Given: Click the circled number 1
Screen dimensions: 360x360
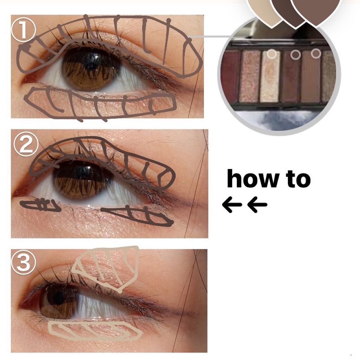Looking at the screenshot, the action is coord(24,30).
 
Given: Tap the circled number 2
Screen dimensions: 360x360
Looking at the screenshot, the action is coord(26,144).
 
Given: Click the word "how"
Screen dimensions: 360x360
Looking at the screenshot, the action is coord(252,179).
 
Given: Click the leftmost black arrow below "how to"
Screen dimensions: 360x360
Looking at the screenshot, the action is coord(232,204).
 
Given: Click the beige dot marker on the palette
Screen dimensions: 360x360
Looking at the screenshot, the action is coord(272,54).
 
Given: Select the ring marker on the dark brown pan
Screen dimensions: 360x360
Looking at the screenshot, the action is coord(295,54).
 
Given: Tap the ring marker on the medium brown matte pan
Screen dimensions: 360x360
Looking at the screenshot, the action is coord(316,53).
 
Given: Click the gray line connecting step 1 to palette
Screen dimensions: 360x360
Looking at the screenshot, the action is coord(210,37).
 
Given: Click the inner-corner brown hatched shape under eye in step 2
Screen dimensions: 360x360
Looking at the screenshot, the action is coord(41,205).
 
